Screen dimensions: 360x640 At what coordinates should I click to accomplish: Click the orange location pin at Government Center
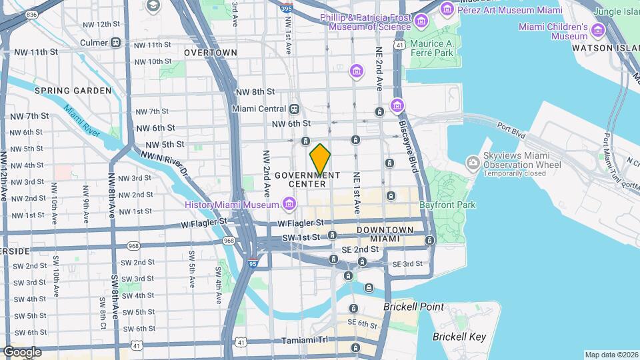click(x=320, y=159)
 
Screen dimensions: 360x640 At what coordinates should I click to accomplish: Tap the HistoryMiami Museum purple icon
click(x=289, y=203)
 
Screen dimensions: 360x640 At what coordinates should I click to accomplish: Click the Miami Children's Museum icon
click(x=597, y=31)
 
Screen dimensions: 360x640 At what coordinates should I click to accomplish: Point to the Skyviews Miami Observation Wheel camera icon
click(x=473, y=162)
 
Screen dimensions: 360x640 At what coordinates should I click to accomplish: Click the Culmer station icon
click(x=116, y=43)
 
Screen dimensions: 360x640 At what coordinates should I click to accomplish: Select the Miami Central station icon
click(x=294, y=109)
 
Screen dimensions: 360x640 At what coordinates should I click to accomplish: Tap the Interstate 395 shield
click(x=285, y=9)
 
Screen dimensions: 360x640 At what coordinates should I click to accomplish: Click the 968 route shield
click(x=229, y=240)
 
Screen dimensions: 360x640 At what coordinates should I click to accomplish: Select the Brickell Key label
click(x=459, y=337)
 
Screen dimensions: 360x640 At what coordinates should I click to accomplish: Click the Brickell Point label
click(x=413, y=307)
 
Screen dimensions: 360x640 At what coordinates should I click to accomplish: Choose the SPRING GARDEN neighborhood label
click(x=73, y=91)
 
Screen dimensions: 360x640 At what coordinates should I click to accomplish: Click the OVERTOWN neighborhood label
click(x=210, y=52)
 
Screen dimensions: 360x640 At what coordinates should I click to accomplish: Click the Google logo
click(x=22, y=351)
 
